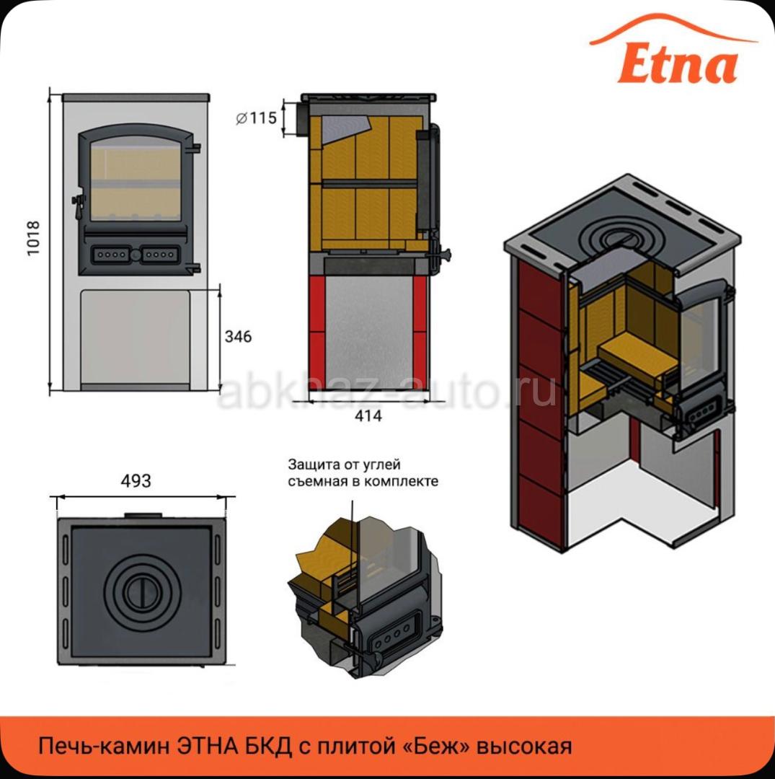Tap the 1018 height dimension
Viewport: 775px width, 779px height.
tap(32, 239)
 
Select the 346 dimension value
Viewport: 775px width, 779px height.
tap(238, 336)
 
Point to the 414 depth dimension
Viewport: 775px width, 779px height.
tap(368, 415)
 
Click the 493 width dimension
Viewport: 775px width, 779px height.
tap(136, 480)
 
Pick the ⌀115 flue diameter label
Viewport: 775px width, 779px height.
tap(256, 118)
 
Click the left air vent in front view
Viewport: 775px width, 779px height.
tap(111, 255)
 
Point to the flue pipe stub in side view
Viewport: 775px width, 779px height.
tap(302, 119)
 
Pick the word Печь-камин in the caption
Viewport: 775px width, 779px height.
tap(105, 747)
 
